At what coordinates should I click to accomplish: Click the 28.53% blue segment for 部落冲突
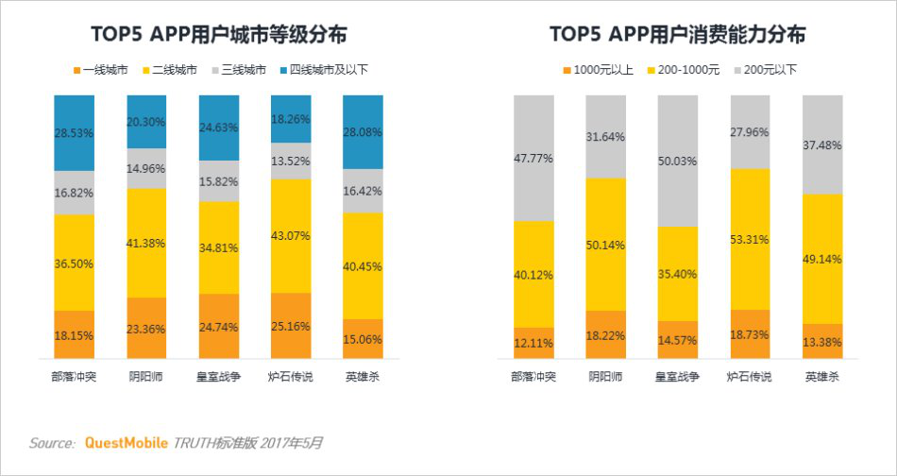pyautogui.click(x=75, y=133)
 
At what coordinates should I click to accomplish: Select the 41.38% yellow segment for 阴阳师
pyautogui.click(x=146, y=243)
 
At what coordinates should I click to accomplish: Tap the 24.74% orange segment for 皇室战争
pyautogui.click(x=219, y=326)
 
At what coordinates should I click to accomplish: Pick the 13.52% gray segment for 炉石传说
pyautogui.click(x=291, y=161)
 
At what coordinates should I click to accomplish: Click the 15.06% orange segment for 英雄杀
pyautogui.click(x=364, y=339)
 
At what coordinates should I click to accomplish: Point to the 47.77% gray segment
pyautogui.click(x=533, y=158)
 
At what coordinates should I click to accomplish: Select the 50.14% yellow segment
pyautogui.click(x=606, y=245)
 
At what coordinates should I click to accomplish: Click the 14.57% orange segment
pyautogui.click(x=678, y=340)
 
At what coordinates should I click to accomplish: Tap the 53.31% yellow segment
pyautogui.click(x=750, y=239)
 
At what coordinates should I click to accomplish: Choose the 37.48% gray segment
pyautogui.click(x=822, y=144)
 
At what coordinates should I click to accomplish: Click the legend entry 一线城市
pyautogui.click(x=101, y=71)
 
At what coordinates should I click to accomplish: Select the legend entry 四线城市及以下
pyautogui.click(x=323, y=71)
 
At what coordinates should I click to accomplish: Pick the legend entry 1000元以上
pyautogui.click(x=599, y=71)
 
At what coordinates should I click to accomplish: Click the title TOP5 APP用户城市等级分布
pyautogui.click(x=219, y=35)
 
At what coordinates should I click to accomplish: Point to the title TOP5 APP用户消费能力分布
pyautogui.click(x=678, y=35)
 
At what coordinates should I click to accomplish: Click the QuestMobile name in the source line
pyautogui.click(x=127, y=443)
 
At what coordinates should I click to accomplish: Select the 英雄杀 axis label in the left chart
pyautogui.click(x=364, y=377)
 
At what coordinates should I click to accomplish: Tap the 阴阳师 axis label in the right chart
pyautogui.click(x=606, y=377)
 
